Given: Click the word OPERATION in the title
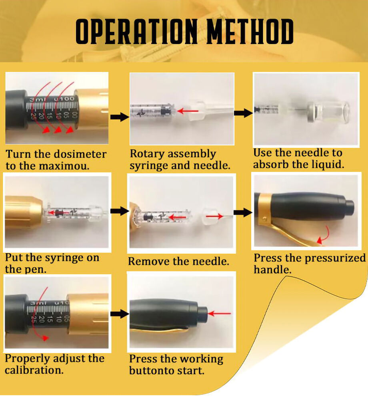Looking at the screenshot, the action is click(136, 32).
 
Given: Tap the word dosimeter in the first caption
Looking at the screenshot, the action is click(81, 154).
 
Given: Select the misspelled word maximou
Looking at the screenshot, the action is click(64, 166).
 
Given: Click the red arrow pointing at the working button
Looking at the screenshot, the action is click(219, 314).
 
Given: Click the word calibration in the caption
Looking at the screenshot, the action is click(34, 370).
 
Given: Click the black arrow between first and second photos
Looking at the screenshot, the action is click(120, 117).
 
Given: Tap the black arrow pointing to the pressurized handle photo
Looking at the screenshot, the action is click(243, 212).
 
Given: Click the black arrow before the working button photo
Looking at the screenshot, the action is click(120, 314).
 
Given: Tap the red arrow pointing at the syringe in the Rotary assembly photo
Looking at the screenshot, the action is click(188, 111).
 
